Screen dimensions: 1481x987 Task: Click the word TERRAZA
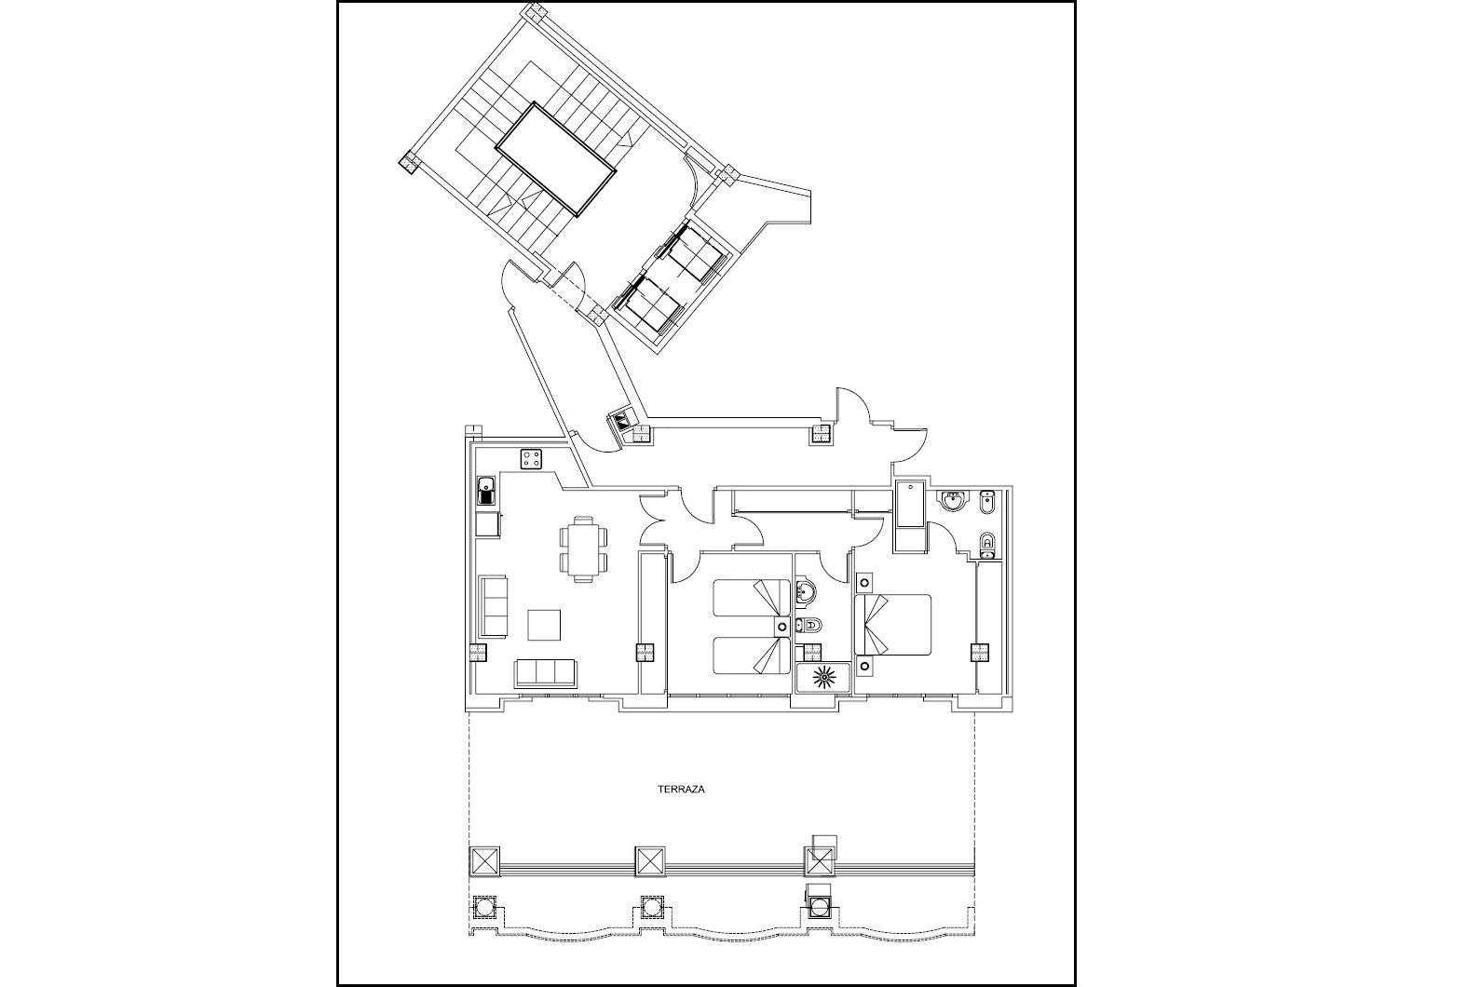pos(681,789)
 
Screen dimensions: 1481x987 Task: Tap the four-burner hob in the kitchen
pos(532,459)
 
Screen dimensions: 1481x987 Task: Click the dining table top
pos(583,548)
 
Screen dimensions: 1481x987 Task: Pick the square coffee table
pos(544,625)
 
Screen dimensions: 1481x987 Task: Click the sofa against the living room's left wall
pos(492,607)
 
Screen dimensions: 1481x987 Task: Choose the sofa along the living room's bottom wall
pos(546,673)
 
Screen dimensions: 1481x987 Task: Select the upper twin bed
pos(753,599)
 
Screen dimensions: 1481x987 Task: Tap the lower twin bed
pos(753,656)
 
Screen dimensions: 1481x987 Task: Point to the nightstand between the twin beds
pos(782,627)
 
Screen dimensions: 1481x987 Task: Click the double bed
pos(893,625)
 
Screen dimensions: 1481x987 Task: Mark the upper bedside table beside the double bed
pos(863,583)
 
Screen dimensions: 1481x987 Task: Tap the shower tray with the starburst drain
pos(822,677)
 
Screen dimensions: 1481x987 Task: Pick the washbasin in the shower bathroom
pos(804,591)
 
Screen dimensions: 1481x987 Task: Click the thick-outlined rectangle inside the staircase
pos(556,159)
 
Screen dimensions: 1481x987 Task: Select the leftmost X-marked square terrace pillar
pos(484,862)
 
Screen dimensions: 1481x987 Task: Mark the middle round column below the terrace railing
pos(652,905)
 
